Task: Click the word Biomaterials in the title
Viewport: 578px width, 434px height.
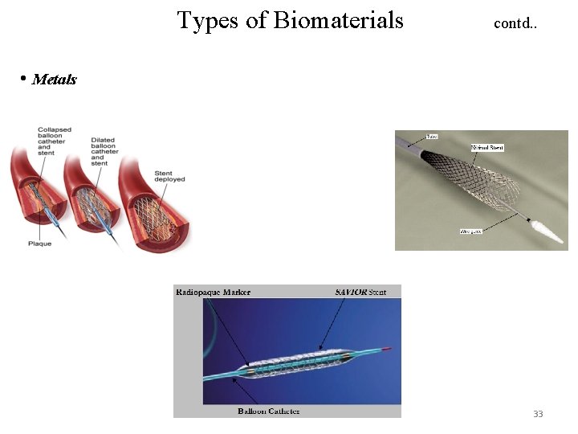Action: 338,20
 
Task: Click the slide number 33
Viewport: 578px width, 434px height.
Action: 538,414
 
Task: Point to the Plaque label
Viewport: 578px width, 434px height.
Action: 40,243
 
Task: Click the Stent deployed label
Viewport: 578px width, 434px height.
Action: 169,176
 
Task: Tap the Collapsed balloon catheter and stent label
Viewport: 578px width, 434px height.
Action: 55,140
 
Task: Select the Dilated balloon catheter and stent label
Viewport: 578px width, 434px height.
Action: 104,150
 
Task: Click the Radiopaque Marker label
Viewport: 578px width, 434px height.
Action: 214,293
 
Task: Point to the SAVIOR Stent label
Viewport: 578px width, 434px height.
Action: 360,293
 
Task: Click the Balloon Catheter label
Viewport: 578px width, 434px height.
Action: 269,411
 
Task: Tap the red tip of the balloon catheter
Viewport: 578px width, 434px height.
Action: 389,350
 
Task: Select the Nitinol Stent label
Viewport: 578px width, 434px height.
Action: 486,148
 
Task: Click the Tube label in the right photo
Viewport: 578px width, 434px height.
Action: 431,137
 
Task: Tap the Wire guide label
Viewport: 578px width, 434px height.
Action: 470,231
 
